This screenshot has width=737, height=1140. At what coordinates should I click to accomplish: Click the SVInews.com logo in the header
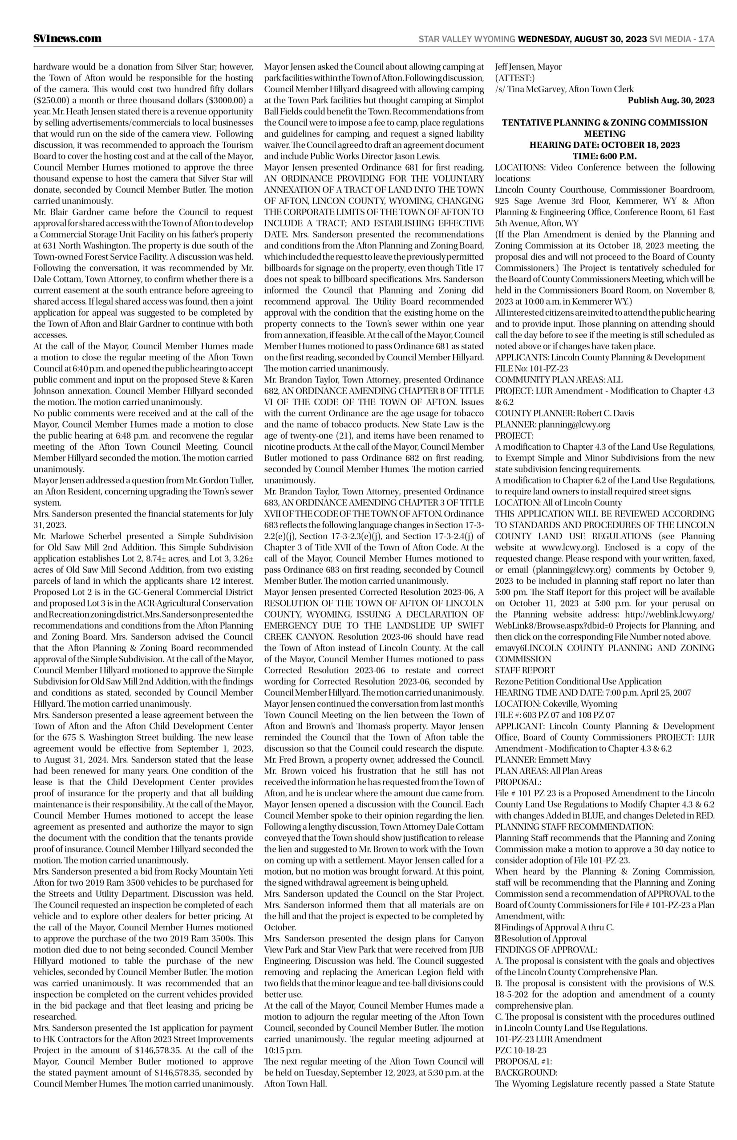tap(68, 38)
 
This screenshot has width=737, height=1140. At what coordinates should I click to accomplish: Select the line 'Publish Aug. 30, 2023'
tap(671, 100)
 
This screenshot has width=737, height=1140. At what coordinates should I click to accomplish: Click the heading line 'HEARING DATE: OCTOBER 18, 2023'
tap(604, 145)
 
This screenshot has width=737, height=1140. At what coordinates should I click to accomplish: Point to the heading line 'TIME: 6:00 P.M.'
tap(604, 155)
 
